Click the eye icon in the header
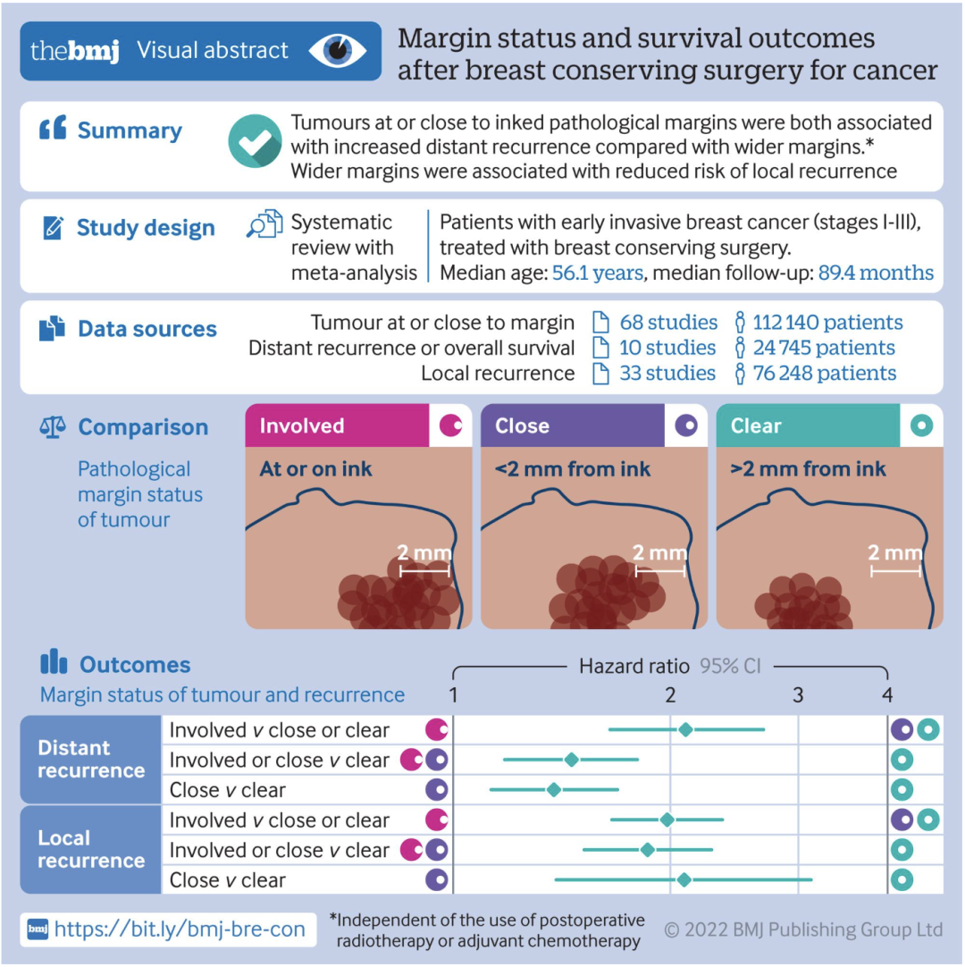click(x=339, y=51)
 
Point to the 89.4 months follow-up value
click(x=876, y=273)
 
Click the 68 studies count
click(x=667, y=323)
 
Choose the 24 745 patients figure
click(x=823, y=348)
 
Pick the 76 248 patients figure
click(x=823, y=373)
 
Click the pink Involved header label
click(x=302, y=426)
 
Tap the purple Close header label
click(x=522, y=426)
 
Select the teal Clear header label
click(x=756, y=426)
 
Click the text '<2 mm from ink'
click(x=573, y=468)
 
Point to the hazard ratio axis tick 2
click(x=670, y=694)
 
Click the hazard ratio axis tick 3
click(x=798, y=694)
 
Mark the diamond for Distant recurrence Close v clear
click(x=554, y=789)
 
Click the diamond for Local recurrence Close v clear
click(x=684, y=880)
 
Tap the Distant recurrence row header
click(x=90, y=759)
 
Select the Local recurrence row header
click(x=90, y=849)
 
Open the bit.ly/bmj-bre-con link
click(x=179, y=929)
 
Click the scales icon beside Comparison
click(x=53, y=427)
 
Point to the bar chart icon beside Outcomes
click(x=54, y=663)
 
